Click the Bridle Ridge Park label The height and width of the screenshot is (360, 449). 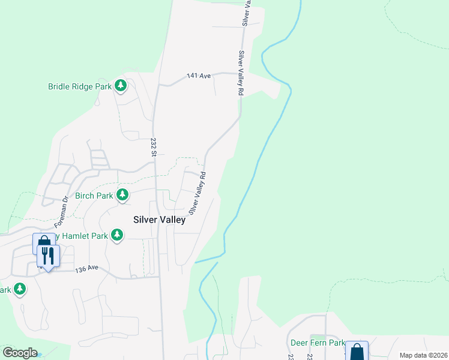pos(80,86)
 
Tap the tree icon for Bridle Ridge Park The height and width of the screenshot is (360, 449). pos(121,85)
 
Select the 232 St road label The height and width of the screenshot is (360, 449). pos(154,147)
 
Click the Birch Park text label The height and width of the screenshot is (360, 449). pos(94,196)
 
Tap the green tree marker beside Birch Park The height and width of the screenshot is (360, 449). pos(122,194)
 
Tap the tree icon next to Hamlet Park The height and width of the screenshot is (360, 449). pos(118,235)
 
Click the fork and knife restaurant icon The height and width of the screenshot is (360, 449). pos(47,256)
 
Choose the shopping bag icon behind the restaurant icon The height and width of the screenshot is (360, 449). pos(43,242)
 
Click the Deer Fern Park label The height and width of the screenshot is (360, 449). pos(318,343)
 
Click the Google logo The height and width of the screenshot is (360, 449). pos(20,352)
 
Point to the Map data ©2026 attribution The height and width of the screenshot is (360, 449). pos(424,355)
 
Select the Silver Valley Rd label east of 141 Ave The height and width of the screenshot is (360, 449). pos(240,73)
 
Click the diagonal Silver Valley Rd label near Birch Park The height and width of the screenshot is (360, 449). pos(197,193)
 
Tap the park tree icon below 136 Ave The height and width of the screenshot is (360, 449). pos(20,289)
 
